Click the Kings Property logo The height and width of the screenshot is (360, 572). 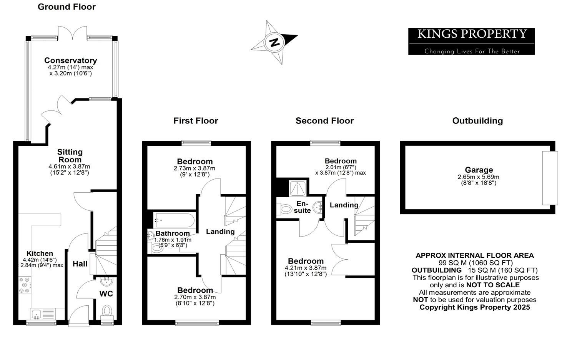click(x=471, y=41)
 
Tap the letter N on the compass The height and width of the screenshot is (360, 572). click(x=274, y=42)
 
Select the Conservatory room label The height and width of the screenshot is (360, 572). click(x=70, y=60)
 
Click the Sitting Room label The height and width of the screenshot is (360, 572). click(x=70, y=156)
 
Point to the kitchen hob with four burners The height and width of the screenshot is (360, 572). click(x=25, y=285)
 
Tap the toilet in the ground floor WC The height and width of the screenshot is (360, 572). click(x=107, y=310)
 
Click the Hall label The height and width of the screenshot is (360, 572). click(x=80, y=264)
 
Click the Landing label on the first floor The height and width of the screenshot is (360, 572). click(x=220, y=232)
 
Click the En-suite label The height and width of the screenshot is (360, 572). click(x=302, y=207)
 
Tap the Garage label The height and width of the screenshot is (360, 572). click(x=479, y=170)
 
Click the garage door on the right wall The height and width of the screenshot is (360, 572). click(x=550, y=178)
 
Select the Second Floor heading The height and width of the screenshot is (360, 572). click(x=324, y=121)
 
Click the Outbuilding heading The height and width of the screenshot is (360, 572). click(x=477, y=121)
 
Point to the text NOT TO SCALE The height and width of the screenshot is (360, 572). click(x=493, y=285)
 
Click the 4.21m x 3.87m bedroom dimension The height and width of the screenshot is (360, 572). click(x=305, y=268)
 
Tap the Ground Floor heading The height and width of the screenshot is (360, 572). click(x=67, y=7)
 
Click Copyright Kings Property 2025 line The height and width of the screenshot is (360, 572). click(x=474, y=307)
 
